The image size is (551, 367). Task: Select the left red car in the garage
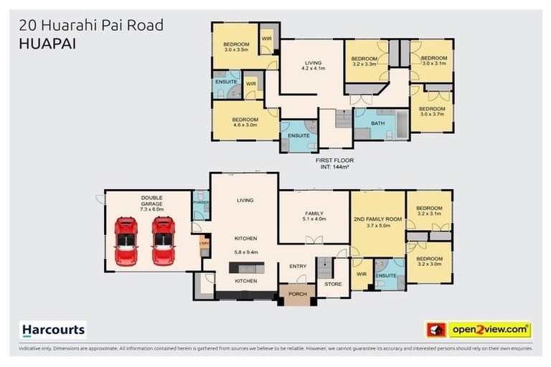coord(126,240)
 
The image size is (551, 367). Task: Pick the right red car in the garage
coord(163,240)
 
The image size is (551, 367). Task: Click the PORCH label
coord(297,295)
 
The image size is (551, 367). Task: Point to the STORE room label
coord(333,284)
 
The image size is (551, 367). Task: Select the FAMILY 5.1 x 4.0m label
coord(314,216)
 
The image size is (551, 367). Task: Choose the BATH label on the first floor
coord(378,124)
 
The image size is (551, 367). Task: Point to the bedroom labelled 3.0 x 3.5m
coord(235,47)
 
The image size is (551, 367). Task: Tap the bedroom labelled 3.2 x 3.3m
coord(364,61)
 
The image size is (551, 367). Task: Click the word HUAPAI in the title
coord(45,43)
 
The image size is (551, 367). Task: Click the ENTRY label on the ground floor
coord(298,266)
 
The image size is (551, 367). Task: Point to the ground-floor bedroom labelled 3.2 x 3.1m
coord(430,210)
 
